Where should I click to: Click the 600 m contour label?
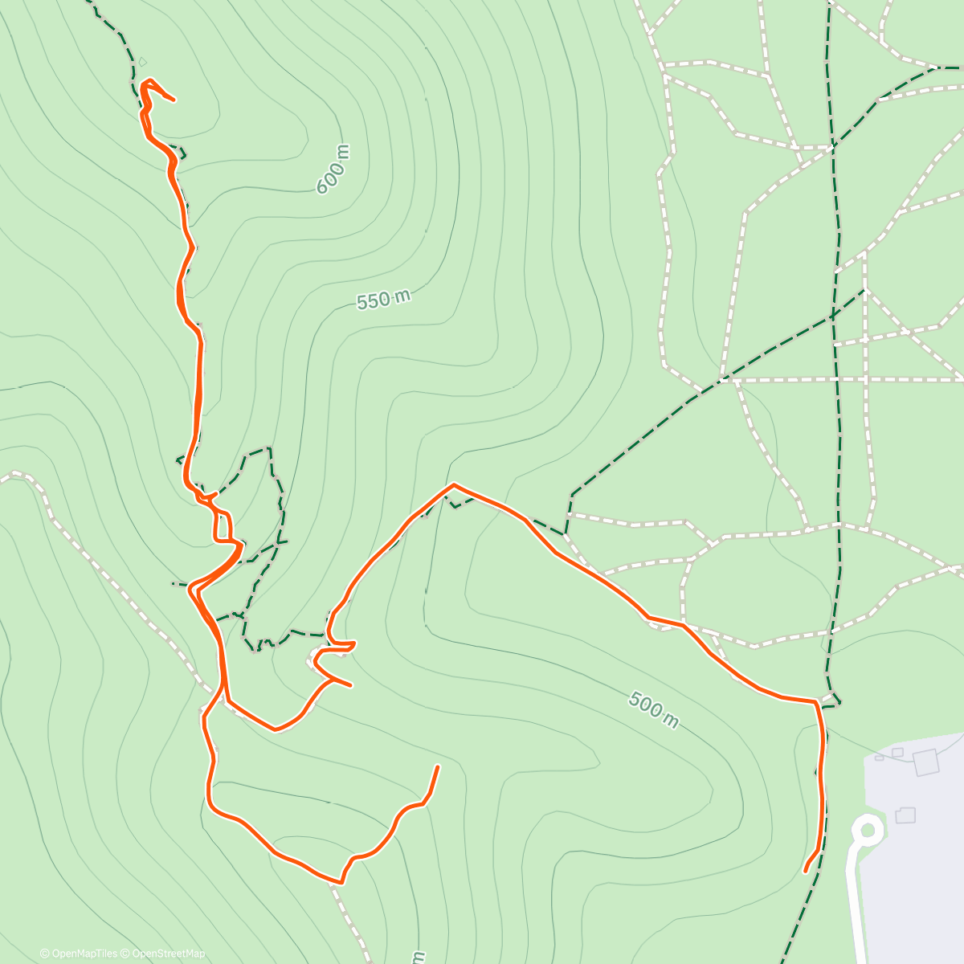pyautogui.click(x=334, y=170)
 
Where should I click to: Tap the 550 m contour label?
pyautogui.click(x=383, y=300)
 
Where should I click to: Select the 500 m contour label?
pyautogui.click(x=653, y=710)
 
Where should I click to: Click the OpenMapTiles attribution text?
pyautogui.click(x=79, y=954)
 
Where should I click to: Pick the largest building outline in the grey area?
pyautogui.click(x=926, y=762)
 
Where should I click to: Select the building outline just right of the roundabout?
pyautogui.click(x=905, y=815)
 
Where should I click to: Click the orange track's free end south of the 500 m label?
pyautogui.click(x=438, y=766)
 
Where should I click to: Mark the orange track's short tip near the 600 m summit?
pyautogui.click(x=174, y=100)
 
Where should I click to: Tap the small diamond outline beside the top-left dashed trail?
pyautogui.click(x=142, y=62)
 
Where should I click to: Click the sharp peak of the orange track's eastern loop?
pyautogui.click(x=454, y=485)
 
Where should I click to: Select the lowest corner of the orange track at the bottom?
pyautogui.click(x=341, y=882)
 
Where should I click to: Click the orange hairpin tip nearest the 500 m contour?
pyautogui.click(x=351, y=685)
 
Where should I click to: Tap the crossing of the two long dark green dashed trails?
pyautogui.click(x=833, y=315)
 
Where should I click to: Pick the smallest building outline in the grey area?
pyautogui.click(x=880, y=757)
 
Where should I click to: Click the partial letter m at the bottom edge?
pyautogui.click(x=418, y=958)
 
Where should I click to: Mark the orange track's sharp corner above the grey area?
pyautogui.click(x=816, y=702)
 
